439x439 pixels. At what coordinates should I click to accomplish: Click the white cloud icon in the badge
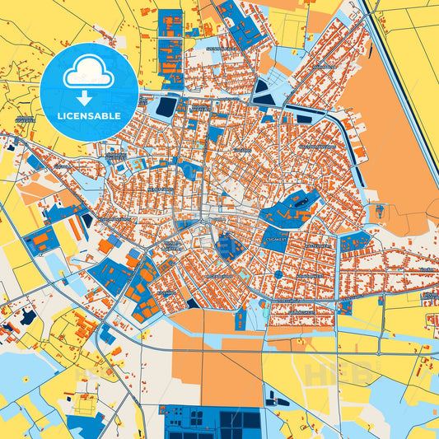click(x=88, y=73)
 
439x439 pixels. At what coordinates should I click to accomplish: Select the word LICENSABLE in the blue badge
click(x=88, y=116)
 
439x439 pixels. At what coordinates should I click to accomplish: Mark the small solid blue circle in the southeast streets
click(x=278, y=274)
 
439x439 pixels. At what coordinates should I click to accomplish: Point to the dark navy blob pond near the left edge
click(x=27, y=317)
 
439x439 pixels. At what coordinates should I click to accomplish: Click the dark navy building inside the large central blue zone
click(x=297, y=200)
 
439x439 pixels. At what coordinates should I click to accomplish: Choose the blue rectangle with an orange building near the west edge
click(x=39, y=240)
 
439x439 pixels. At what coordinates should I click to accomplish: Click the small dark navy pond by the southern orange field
click(x=193, y=303)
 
